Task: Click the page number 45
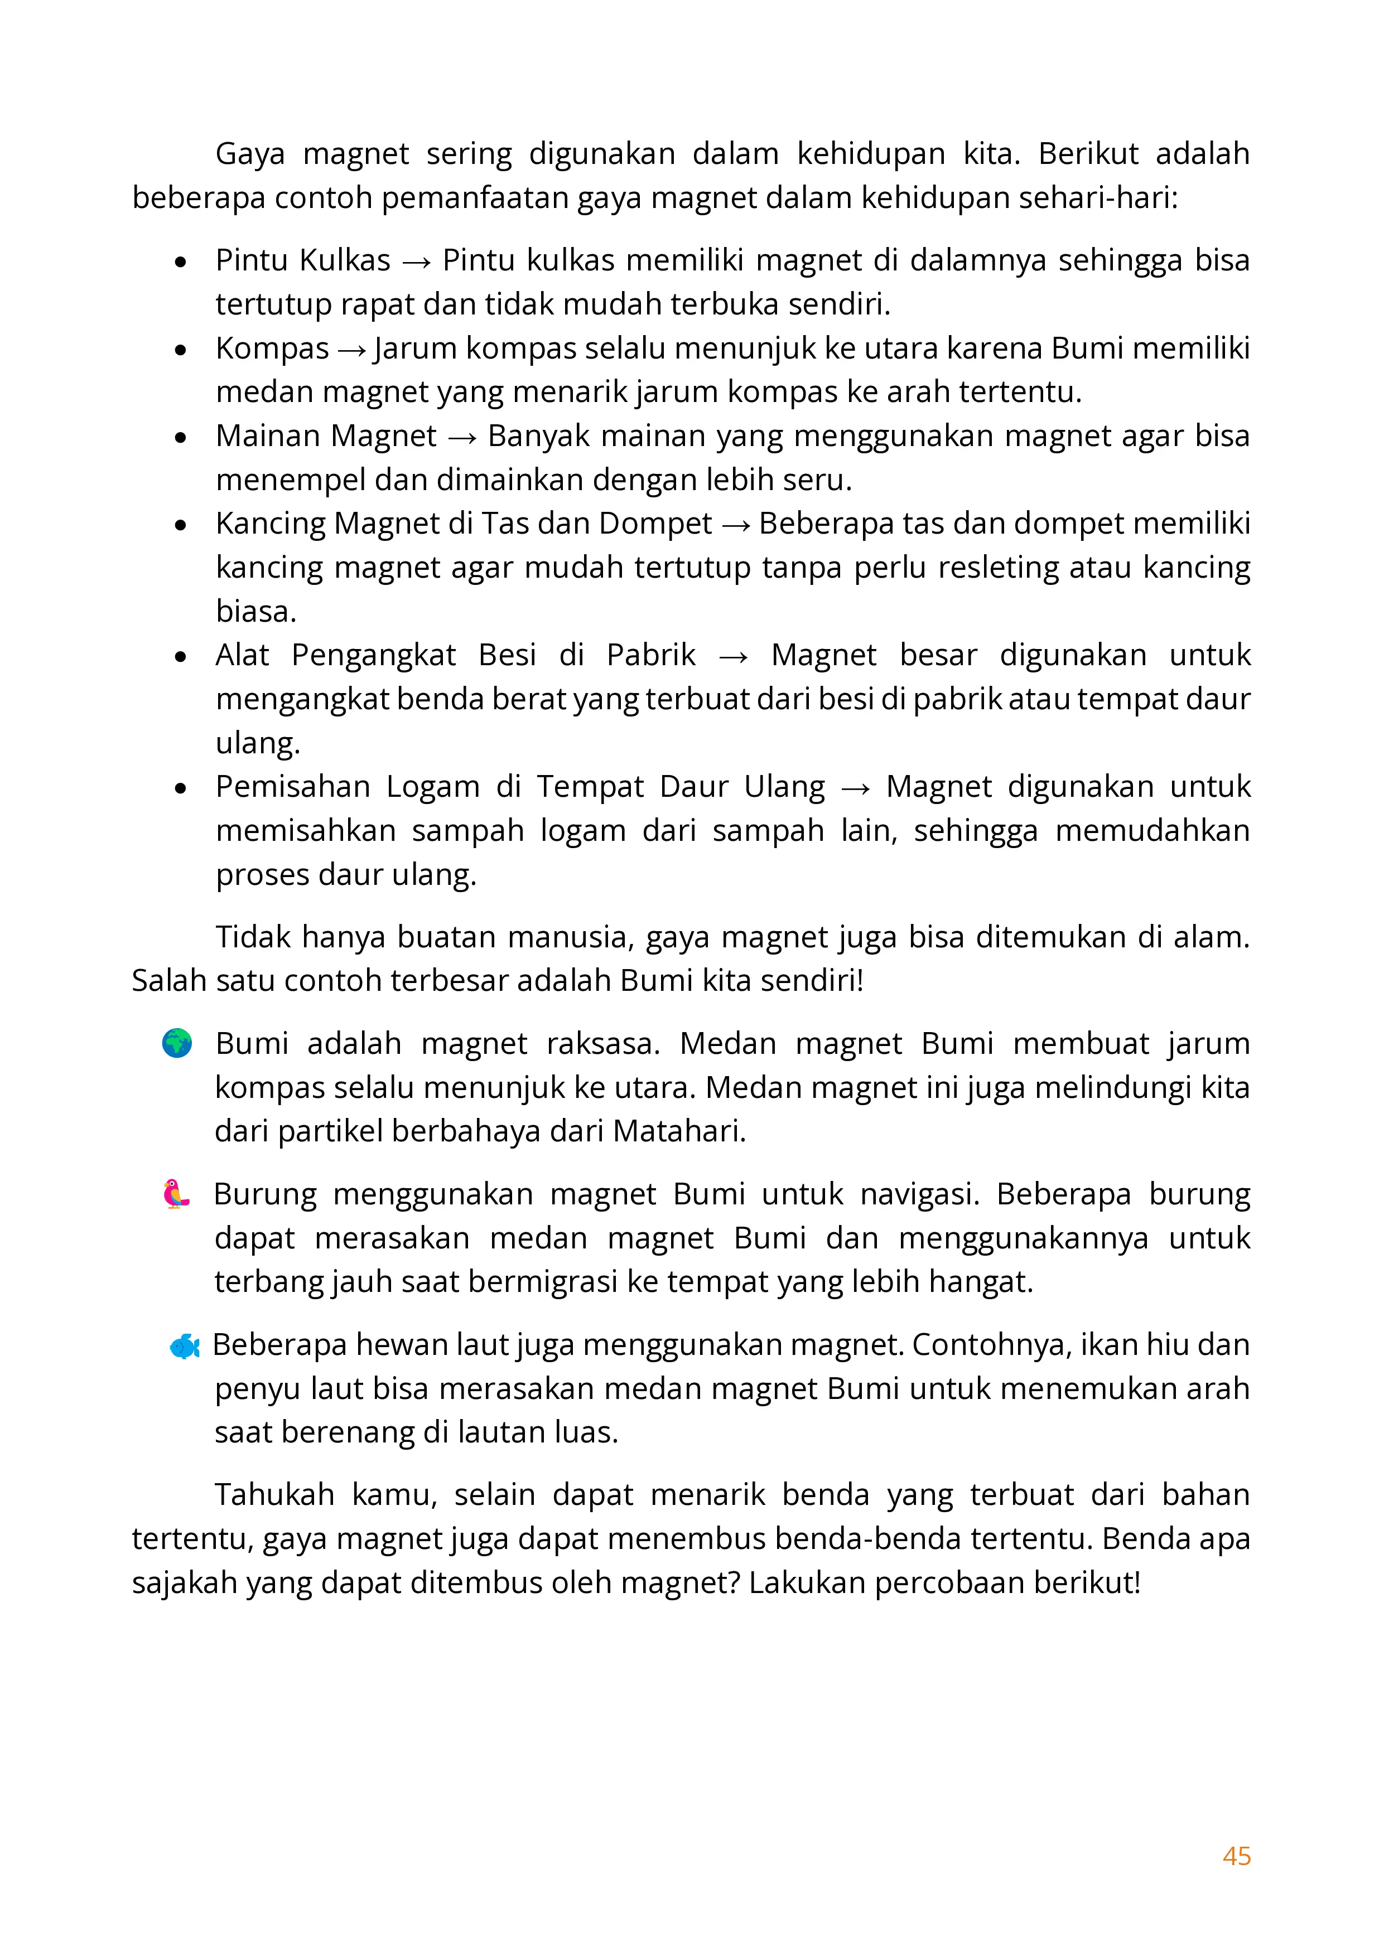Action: coord(1236,1856)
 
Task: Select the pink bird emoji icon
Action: coord(176,1194)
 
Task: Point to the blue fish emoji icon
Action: coord(184,1346)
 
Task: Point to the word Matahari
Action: coord(678,1131)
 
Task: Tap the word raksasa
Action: coord(602,1044)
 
